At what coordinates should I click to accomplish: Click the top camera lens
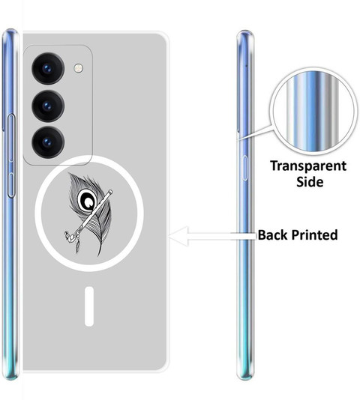tap(48, 68)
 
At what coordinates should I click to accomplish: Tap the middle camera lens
tap(48, 106)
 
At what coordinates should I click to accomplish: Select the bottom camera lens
tap(48, 142)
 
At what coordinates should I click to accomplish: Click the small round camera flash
tap(79, 68)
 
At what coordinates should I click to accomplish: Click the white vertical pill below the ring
tap(89, 306)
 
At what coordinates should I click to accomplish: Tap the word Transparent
tap(308, 166)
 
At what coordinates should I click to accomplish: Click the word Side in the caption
tap(310, 182)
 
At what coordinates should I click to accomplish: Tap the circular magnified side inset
tap(313, 111)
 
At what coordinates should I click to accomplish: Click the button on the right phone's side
tap(244, 168)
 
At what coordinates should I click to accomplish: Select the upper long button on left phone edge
tap(11, 138)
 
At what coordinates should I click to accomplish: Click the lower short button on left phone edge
tap(11, 185)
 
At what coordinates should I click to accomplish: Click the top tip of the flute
tap(111, 191)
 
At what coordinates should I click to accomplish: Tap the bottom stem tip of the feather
tap(99, 255)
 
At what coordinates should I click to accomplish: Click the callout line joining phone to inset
tap(255, 133)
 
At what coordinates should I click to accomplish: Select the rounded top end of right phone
tap(245, 33)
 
